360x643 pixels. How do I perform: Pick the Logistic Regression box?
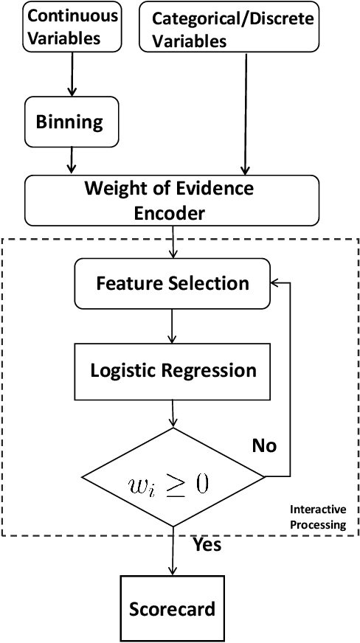(x=173, y=370)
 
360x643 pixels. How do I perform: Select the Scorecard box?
(x=173, y=608)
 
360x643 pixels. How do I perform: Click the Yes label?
(x=207, y=545)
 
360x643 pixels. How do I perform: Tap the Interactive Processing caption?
(x=317, y=516)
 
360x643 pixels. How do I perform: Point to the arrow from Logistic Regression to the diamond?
(x=173, y=414)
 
